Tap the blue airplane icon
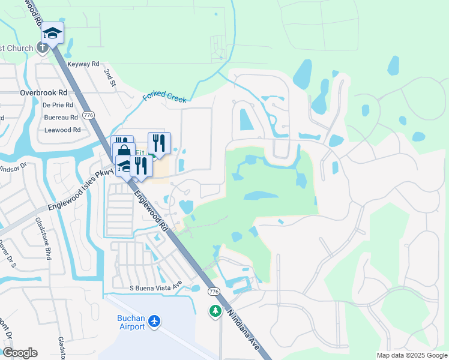click(x=155, y=322)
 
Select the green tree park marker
click(x=215, y=311)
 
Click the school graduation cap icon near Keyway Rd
click(x=52, y=34)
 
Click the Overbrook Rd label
click(x=43, y=93)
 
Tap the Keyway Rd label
click(x=83, y=64)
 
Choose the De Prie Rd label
click(x=58, y=104)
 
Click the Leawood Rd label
click(x=62, y=130)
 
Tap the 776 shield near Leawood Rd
click(x=89, y=115)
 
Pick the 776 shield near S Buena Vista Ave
click(x=214, y=292)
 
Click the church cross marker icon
click(x=43, y=49)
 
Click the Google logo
click(x=20, y=353)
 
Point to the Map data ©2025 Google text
click(x=411, y=355)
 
